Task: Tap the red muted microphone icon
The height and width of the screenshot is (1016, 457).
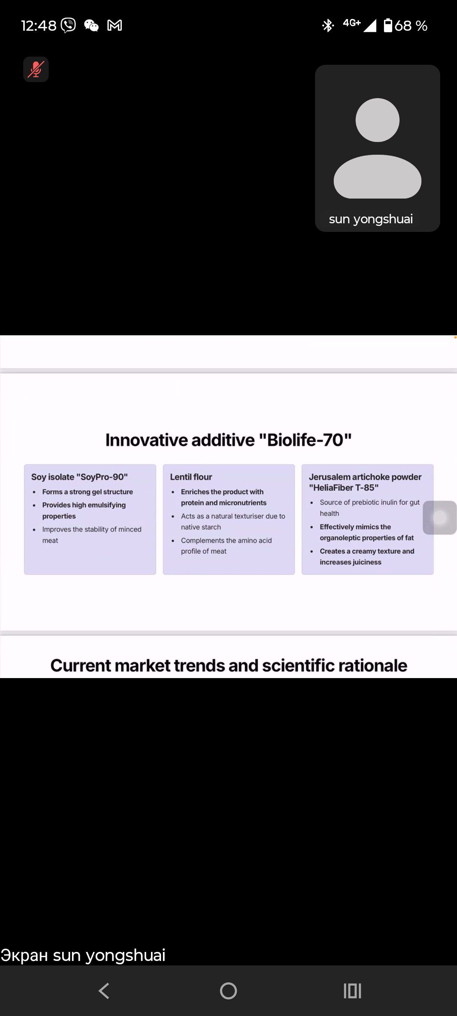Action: [x=36, y=69]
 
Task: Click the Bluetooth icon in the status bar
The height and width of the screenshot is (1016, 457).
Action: [x=328, y=25]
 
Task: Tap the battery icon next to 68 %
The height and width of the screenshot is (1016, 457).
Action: [x=388, y=25]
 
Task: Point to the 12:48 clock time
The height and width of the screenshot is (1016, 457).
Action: [x=39, y=26]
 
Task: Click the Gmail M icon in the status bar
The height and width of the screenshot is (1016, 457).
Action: [x=115, y=25]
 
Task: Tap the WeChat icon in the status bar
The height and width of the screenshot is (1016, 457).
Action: [x=91, y=25]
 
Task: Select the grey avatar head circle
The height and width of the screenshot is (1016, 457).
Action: [x=377, y=120]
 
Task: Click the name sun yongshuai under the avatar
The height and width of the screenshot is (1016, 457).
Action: [x=370, y=219]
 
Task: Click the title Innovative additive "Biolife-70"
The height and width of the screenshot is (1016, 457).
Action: [x=228, y=440]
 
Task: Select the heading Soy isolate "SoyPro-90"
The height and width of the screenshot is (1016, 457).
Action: [x=79, y=477]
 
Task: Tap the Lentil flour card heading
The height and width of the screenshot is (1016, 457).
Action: [x=191, y=477]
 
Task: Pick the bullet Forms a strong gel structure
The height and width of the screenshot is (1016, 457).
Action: [x=88, y=492]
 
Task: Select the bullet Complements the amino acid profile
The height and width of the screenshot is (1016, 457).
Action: [x=226, y=546]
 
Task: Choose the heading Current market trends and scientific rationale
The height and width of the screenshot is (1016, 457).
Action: [x=229, y=665]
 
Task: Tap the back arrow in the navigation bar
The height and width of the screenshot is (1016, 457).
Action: [x=104, y=991]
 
